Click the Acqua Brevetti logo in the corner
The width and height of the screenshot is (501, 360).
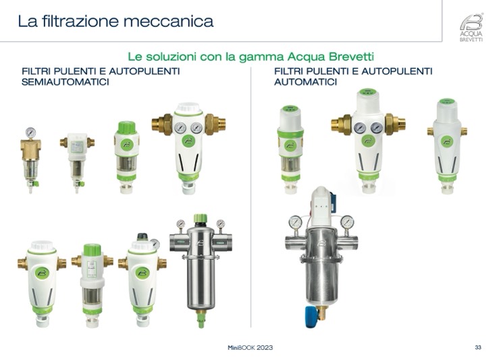tap(471, 27)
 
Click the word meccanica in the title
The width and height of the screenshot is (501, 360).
tap(168, 21)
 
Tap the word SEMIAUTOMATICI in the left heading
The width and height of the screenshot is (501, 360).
tap(65, 82)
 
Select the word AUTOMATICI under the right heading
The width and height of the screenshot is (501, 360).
tap(305, 82)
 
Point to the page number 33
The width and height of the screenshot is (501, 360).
tap(478, 347)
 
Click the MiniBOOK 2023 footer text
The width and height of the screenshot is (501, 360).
tap(250, 348)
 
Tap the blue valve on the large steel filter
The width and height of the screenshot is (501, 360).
tap(311, 317)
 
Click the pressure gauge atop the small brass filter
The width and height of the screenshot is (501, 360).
tap(30, 132)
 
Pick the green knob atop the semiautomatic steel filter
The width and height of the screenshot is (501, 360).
tap(201, 218)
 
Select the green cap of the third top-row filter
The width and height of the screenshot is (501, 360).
tap(127, 127)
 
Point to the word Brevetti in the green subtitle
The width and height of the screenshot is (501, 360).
tap(351, 57)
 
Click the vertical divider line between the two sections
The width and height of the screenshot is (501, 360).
tap(250, 197)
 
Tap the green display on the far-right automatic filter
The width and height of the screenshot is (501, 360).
tap(447, 101)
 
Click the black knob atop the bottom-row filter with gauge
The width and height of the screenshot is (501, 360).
tap(142, 236)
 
